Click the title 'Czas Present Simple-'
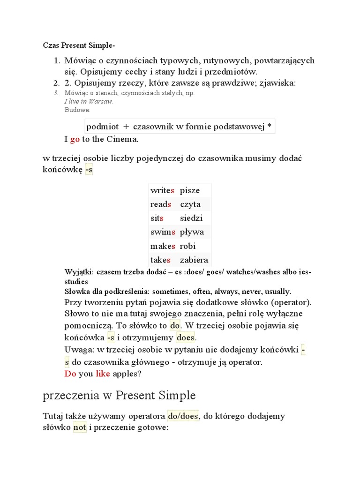point(78,45)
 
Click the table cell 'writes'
point(163,190)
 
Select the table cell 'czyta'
point(190,204)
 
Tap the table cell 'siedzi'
point(191,218)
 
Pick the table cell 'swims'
point(163,232)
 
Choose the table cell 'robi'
point(188,246)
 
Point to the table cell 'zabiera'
point(194,260)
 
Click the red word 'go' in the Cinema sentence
point(75,139)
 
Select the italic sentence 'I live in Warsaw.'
point(89,101)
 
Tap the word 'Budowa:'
point(77,110)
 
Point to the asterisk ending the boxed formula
point(269,127)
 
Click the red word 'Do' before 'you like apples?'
point(70,374)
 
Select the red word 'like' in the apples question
point(103,374)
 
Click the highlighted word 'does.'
point(186,337)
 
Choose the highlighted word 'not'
point(79,427)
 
